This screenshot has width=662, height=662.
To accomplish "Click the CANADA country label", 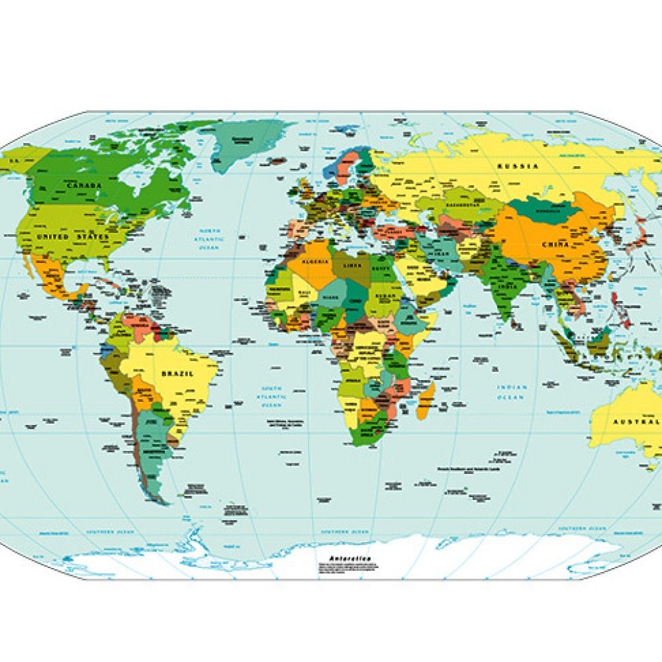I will (x=83, y=185).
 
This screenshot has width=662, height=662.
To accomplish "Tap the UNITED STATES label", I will (x=73, y=236).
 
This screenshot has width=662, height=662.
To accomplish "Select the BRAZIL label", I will (x=177, y=374).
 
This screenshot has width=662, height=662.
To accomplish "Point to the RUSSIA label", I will (x=518, y=166).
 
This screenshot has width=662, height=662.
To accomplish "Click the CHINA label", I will (x=555, y=245).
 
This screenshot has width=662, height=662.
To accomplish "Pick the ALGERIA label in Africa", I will (x=316, y=262).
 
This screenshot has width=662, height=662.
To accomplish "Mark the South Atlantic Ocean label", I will (x=273, y=396).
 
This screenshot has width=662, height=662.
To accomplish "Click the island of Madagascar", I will (x=426, y=401).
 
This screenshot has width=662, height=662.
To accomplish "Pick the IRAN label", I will (x=439, y=254).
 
